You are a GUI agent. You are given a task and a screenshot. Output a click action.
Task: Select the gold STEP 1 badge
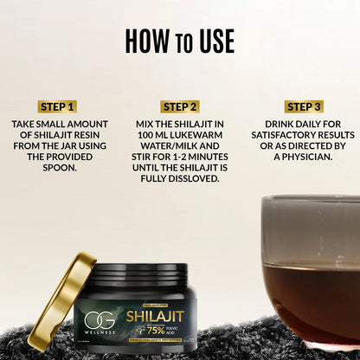[x=57, y=106]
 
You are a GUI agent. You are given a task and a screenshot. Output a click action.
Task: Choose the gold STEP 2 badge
[x=179, y=106]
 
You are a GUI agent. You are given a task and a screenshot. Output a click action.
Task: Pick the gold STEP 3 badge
[x=304, y=106]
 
